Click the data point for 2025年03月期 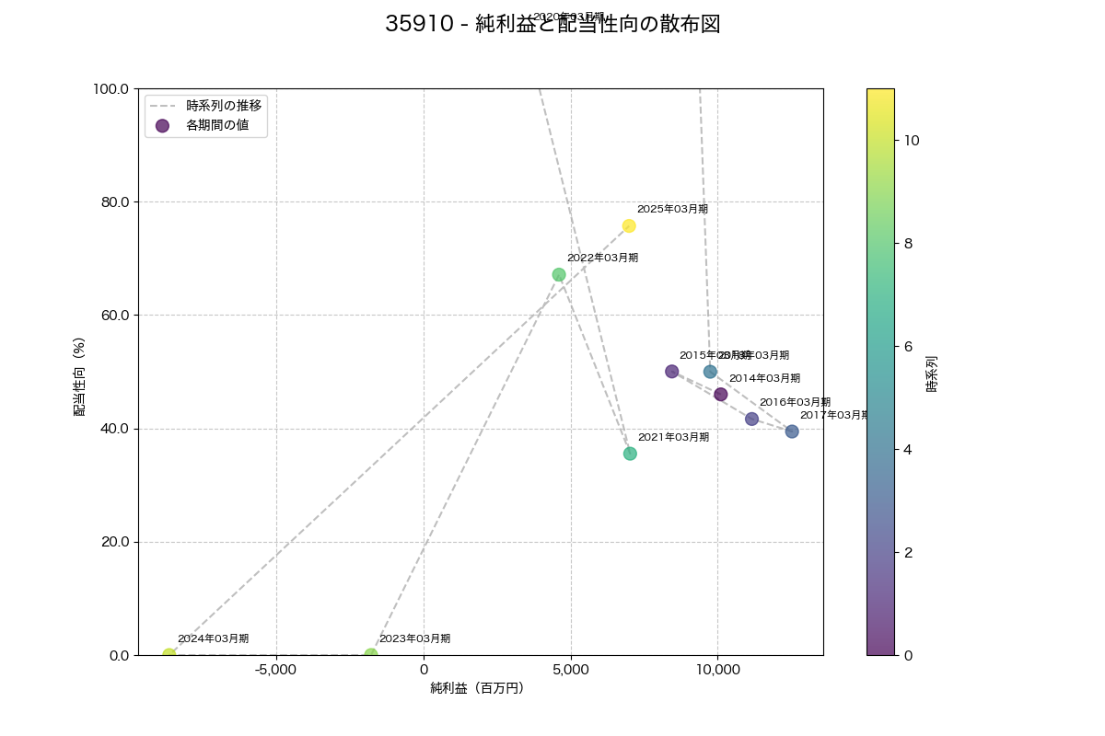(x=629, y=226)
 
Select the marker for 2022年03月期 (x=559, y=275)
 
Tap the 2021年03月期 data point (x=630, y=454)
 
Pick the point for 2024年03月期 (x=169, y=655)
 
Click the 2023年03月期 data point (x=371, y=655)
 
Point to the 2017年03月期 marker (x=792, y=431)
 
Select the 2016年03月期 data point (x=752, y=419)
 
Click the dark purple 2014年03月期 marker (x=721, y=395)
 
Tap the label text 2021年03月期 (x=673, y=437)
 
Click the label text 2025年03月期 (x=672, y=209)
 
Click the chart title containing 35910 (x=552, y=25)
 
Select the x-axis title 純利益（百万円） (x=477, y=688)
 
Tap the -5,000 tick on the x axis (x=275, y=670)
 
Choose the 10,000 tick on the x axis (x=717, y=670)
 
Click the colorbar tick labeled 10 (x=912, y=141)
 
